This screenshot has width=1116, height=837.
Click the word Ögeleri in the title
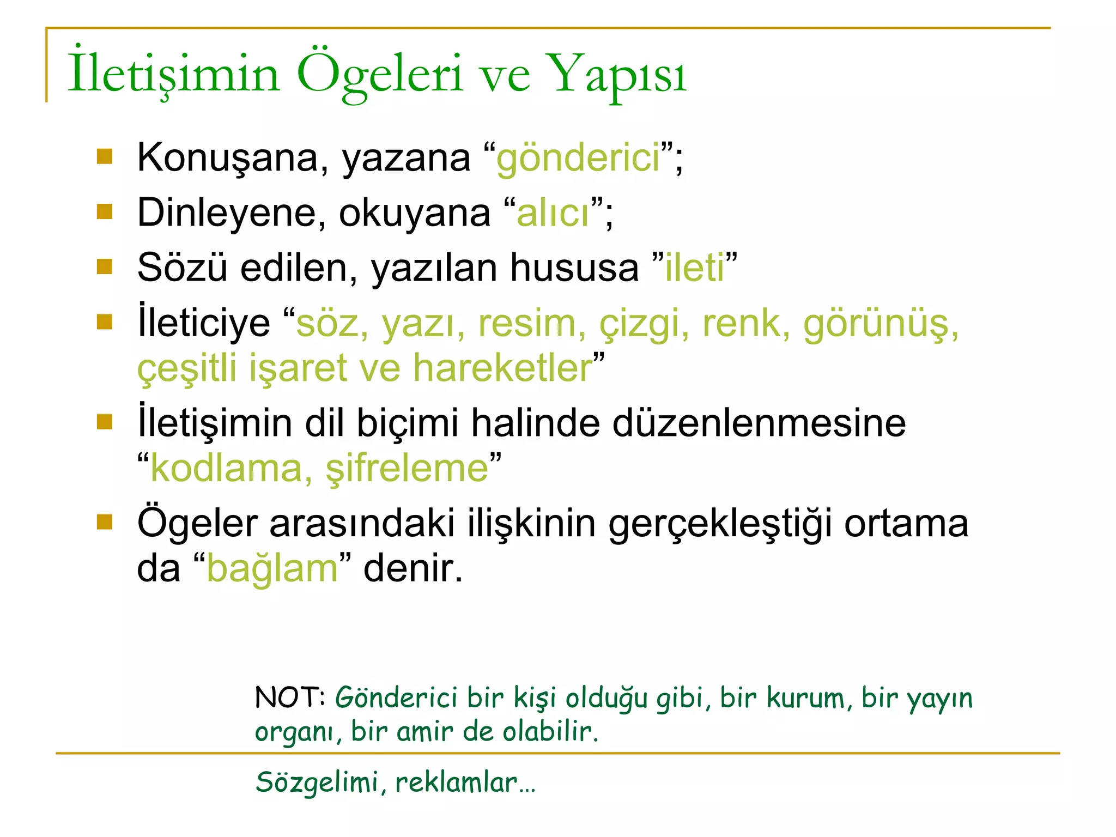380,75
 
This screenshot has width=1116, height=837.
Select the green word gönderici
578,157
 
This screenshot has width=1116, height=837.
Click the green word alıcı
553,213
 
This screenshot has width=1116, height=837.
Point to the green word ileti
695,268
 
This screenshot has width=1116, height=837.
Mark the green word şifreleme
407,468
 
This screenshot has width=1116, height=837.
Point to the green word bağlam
272,568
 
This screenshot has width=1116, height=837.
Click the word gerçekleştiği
720,524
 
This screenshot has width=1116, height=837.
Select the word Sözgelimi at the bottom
317,782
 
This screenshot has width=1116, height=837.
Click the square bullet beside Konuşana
104,157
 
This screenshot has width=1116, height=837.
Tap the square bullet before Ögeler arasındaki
104,523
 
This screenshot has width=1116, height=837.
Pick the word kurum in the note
806,697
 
